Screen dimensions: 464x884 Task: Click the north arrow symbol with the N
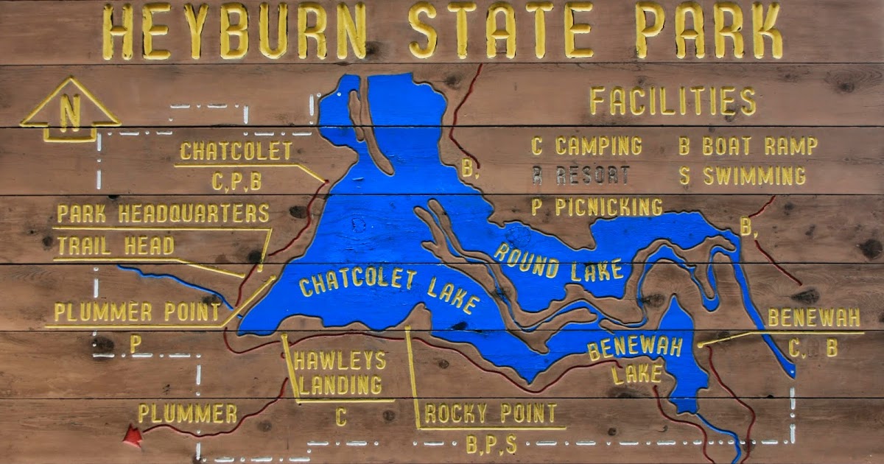(x=70, y=110)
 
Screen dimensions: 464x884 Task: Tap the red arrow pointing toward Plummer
(x=132, y=435)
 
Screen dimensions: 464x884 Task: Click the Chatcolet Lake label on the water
(x=389, y=292)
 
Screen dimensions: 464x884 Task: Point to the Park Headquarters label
(x=163, y=214)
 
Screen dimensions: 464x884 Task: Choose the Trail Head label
(x=115, y=246)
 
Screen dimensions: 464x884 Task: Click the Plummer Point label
(x=137, y=312)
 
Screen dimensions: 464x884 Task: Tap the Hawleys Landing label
(x=339, y=373)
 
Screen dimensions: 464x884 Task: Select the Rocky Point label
(x=491, y=414)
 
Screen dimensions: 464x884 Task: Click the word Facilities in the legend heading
(x=673, y=102)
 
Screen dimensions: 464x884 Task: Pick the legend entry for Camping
(x=586, y=146)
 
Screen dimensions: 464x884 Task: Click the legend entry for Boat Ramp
(x=748, y=146)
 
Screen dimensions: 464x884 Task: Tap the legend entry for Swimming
(x=743, y=176)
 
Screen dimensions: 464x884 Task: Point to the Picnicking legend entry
(x=597, y=207)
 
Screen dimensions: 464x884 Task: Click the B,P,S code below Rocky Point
(x=491, y=445)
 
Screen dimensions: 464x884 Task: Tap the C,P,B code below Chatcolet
(x=236, y=181)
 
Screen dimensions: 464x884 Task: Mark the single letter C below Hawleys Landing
(x=340, y=418)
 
